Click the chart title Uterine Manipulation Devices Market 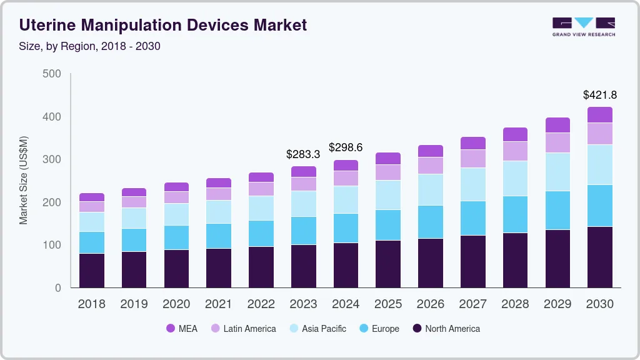tap(163, 25)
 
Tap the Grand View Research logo tap(584, 26)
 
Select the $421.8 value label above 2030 tap(600, 95)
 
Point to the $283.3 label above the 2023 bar tap(303, 154)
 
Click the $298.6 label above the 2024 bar tap(346, 147)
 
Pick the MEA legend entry tap(182, 328)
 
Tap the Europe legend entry tap(379, 328)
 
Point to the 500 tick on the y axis tap(52, 74)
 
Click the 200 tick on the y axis tap(52, 202)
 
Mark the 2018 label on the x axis tap(91, 304)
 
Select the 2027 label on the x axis tap(473, 304)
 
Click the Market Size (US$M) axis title tap(24, 180)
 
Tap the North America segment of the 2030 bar tap(600, 257)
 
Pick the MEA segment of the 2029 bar tap(557, 125)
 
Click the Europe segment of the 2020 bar tap(176, 237)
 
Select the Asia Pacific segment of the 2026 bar tap(431, 189)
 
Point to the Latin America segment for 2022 tap(261, 189)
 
